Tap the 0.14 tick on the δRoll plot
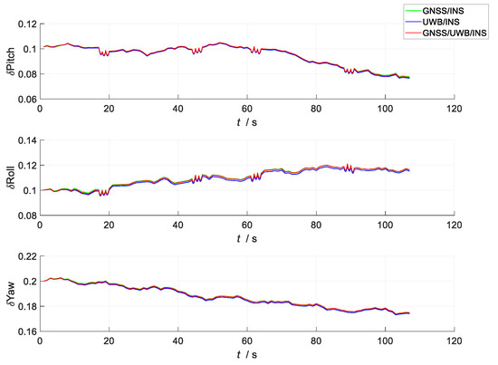[x=25, y=140]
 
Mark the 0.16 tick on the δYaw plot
[x=25, y=336]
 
